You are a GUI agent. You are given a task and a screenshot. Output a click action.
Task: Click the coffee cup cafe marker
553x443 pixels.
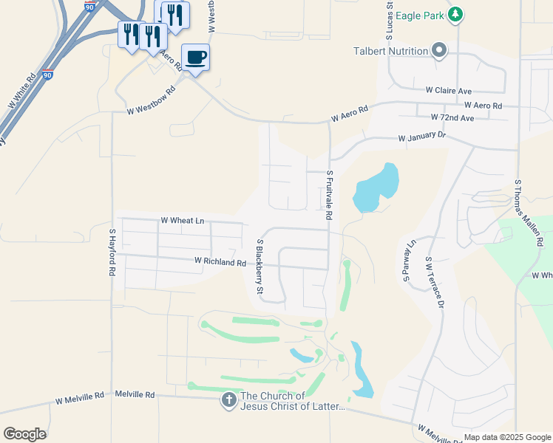[195, 57]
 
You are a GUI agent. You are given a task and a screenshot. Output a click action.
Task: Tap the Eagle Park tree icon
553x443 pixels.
[457, 14]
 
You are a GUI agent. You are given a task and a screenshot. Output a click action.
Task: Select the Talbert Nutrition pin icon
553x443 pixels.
[440, 51]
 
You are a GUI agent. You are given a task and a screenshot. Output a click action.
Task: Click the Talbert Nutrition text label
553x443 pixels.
[391, 51]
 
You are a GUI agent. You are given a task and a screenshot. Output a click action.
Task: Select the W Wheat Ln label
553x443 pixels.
[182, 220]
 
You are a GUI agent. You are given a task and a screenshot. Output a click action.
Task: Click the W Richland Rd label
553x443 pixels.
[220, 261]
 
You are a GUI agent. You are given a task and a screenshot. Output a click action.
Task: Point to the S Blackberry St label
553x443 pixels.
[259, 267]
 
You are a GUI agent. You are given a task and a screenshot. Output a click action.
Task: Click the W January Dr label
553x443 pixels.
[422, 137]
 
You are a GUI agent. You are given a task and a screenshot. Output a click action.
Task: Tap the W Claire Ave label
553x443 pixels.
[448, 91]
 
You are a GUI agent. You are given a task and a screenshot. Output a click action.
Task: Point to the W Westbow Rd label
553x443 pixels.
[151, 101]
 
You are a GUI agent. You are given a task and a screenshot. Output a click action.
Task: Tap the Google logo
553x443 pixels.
[24, 434]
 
